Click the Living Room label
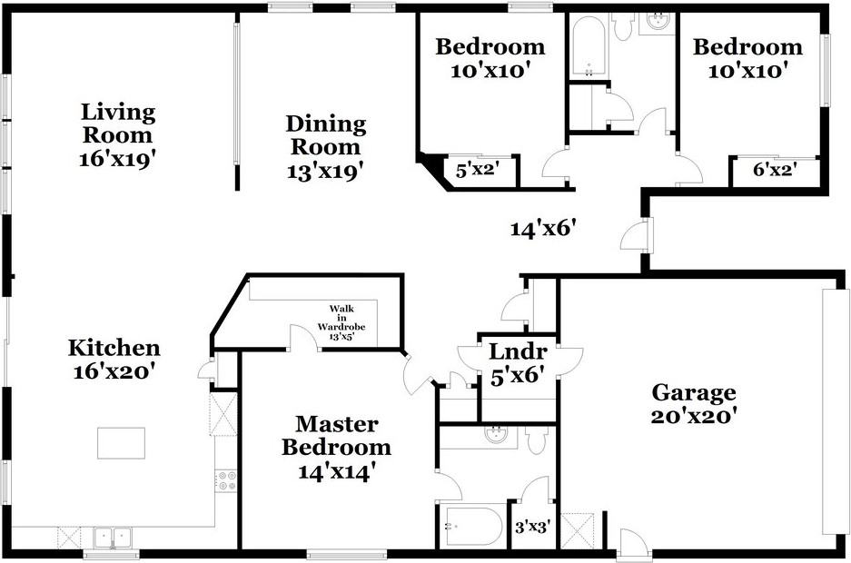coord(118,123)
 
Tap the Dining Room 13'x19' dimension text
coord(325,168)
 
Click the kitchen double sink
coord(114,538)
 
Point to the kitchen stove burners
coord(226,480)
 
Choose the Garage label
coord(694,393)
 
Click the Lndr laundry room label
coord(518,352)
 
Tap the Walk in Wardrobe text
coord(335,322)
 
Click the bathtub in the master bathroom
coord(472,526)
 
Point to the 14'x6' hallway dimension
coord(544,228)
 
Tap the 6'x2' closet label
coord(776,169)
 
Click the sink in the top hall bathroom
coord(655,22)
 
